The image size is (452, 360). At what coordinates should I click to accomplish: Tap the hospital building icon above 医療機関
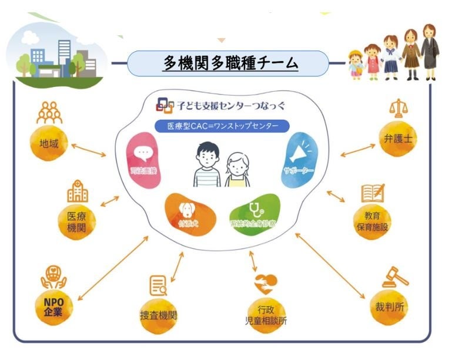78,191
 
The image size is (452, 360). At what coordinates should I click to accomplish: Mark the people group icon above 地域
49,112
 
